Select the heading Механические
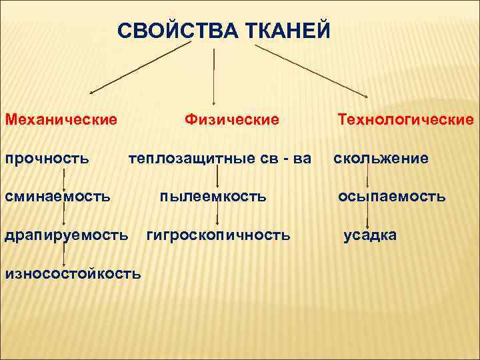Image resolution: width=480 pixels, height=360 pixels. tap(61, 119)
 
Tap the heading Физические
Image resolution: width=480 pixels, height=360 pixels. tap(231, 119)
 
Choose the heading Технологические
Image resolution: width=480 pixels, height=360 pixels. tap(405, 119)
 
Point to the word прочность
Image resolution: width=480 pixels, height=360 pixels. tap(47, 158)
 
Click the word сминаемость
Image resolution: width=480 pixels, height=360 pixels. tap(58, 197)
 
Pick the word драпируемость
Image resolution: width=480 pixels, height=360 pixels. tap(67, 235)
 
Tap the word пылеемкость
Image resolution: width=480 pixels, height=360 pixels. tap(213, 197)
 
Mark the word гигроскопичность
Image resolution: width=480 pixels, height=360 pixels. tap(218, 235)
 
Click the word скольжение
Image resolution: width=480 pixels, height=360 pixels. tap(381, 158)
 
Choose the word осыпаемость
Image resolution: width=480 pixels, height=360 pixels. tap(391, 197)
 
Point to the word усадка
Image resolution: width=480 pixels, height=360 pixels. tap(370, 235)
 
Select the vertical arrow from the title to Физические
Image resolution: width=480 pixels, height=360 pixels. tap(213, 77)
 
